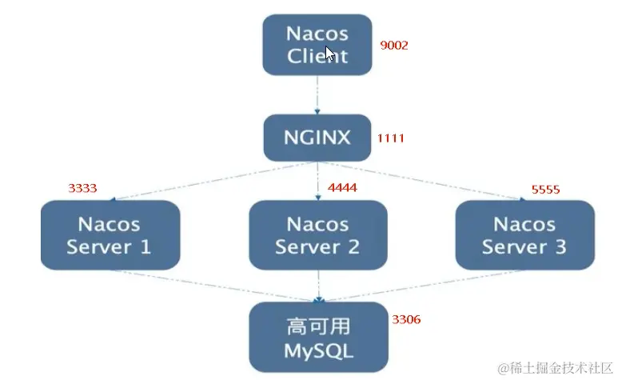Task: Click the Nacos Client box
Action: pos(317,45)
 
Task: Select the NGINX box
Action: pos(317,137)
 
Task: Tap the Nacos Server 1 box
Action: pos(110,234)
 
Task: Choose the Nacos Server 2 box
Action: pos(318,234)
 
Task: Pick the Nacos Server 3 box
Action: pos(524,234)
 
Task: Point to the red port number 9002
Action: pos(394,46)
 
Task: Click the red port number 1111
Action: pos(391,138)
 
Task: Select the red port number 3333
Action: pos(82,189)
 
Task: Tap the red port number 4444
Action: pos(342,188)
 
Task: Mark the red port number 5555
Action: pos(545,190)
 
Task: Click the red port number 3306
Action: pos(406,319)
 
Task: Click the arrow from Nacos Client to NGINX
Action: pos(317,94)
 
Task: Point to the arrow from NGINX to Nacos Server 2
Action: pos(318,179)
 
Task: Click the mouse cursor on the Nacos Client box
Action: pos(330,54)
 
